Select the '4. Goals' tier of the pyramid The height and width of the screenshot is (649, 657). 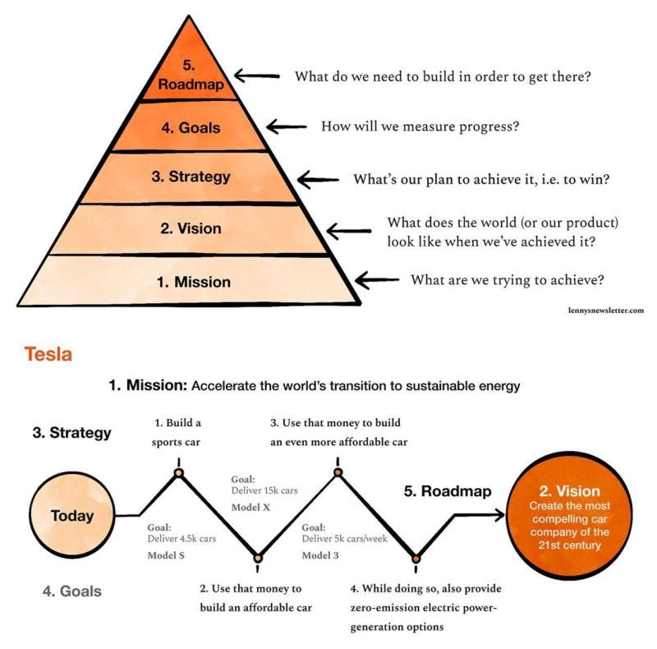(x=191, y=127)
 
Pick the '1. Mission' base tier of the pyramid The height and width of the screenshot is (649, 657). (x=194, y=281)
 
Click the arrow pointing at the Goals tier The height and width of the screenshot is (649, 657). (x=286, y=127)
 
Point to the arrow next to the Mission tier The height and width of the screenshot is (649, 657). (x=377, y=280)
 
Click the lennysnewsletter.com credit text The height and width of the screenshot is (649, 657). (x=605, y=310)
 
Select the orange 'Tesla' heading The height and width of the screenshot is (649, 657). (x=48, y=354)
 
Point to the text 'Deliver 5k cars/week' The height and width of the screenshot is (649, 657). (x=345, y=540)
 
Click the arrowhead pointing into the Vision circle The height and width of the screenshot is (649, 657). (x=497, y=515)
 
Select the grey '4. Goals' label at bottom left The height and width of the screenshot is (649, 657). (x=69, y=590)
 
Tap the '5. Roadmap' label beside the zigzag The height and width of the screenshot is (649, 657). (x=447, y=491)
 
